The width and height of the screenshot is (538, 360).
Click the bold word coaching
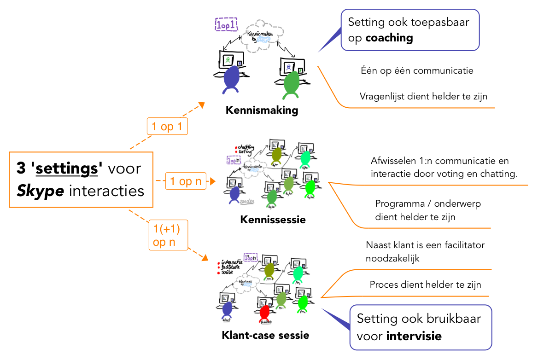389,38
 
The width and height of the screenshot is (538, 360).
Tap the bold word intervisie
414,336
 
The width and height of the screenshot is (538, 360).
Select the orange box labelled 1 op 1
167,126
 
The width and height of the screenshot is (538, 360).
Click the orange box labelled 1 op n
186,181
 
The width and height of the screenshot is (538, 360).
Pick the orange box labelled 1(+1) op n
168,235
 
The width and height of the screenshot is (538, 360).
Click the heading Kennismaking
262,110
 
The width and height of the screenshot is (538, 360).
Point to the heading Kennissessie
273,220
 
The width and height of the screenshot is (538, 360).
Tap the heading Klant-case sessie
265,335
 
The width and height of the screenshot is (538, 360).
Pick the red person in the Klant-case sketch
264,313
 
